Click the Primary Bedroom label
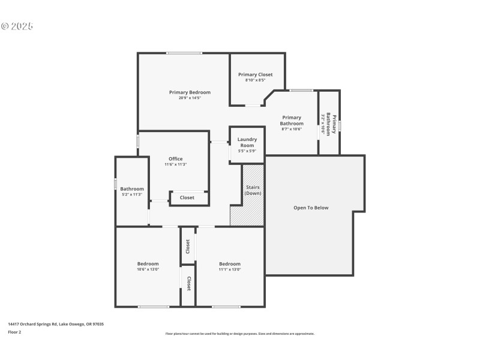(x=190, y=92)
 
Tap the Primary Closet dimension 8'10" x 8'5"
(x=255, y=80)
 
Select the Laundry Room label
(x=247, y=142)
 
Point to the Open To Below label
(x=311, y=208)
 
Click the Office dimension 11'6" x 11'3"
(x=175, y=164)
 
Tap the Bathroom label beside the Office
(x=131, y=188)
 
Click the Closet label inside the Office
(x=187, y=197)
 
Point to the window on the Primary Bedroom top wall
(x=184, y=53)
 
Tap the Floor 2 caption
(x=15, y=331)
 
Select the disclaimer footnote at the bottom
(x=239, y=334)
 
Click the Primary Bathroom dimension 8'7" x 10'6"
(x=292, y=129)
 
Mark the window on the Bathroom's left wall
(x=116, y=184)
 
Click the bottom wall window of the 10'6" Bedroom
(x=154, y=307)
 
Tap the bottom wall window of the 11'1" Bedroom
(x=226, y=307)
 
